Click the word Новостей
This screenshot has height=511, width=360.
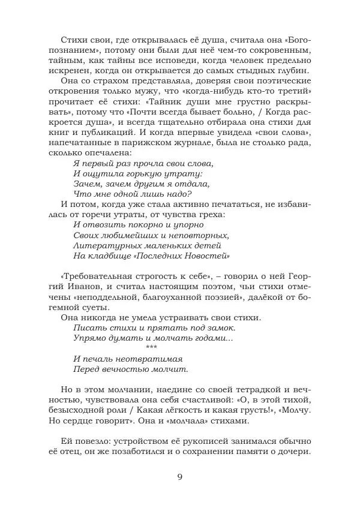[206, 256]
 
